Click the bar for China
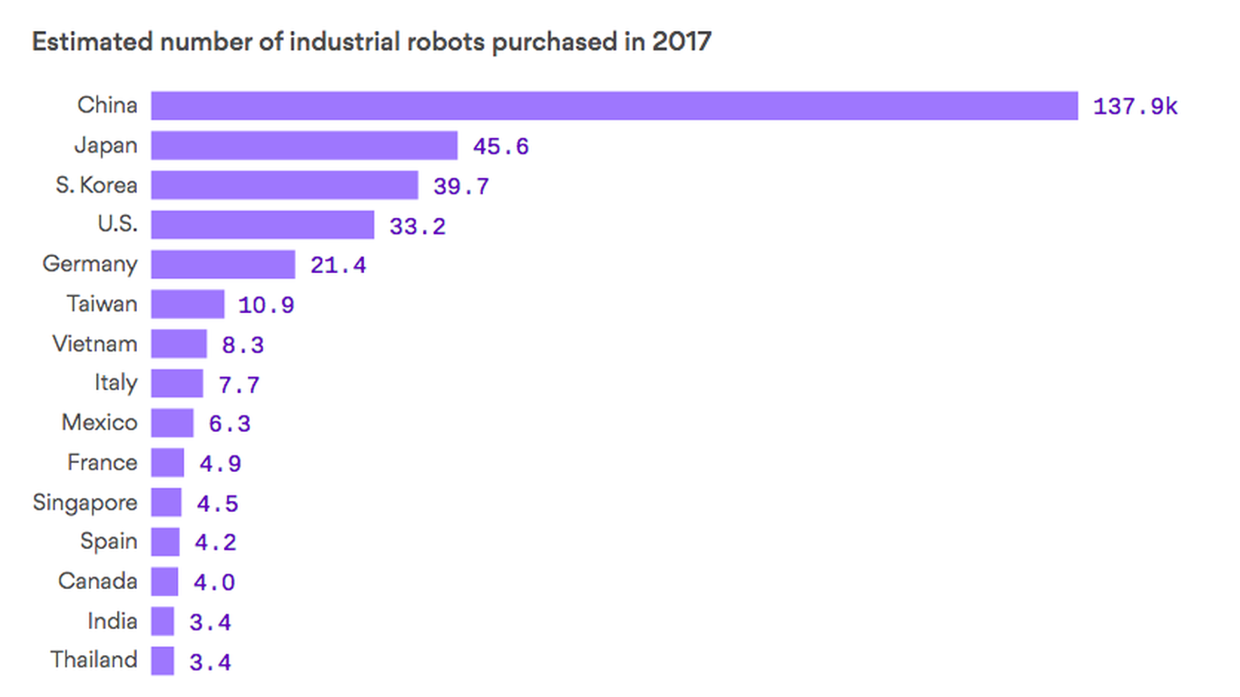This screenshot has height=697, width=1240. click(x=614, y=105)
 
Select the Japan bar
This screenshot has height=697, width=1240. click(x=304, y=145)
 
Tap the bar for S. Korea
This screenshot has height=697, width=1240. click(x=284, y=185)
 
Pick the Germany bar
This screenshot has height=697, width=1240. click(x=223, y=264)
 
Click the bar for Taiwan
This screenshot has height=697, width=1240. click(x=188, y=304)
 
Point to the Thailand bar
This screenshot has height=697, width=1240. click(x=162, y=661)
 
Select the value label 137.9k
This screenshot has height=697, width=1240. click(x=1135, y=106)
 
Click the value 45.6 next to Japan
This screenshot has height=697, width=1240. click(x=500, y=146)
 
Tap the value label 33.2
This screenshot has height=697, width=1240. click(x=418, y=226)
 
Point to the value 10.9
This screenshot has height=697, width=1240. click(x=266, y=305)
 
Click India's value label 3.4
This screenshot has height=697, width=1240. click(x=210, y=622)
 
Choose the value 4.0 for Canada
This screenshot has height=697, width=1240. click(x=214, y=583)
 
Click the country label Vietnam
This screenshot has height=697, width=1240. click(x=94, y=344)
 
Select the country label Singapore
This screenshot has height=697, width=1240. click(x=85, y=502)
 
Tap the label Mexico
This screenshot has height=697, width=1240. click(x=100, y=423)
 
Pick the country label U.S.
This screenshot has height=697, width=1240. click(x=117, y=224)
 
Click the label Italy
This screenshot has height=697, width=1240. click(x=115, y=383)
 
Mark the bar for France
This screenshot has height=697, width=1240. click(x=167, y=463)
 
